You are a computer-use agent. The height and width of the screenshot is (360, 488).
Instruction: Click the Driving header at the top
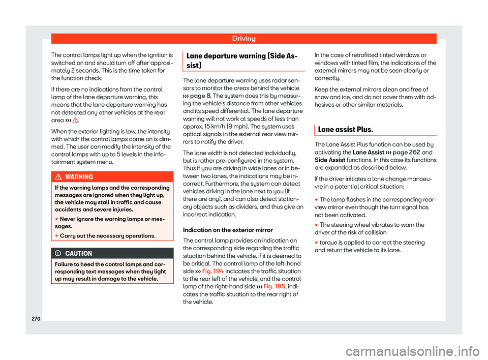244,38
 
